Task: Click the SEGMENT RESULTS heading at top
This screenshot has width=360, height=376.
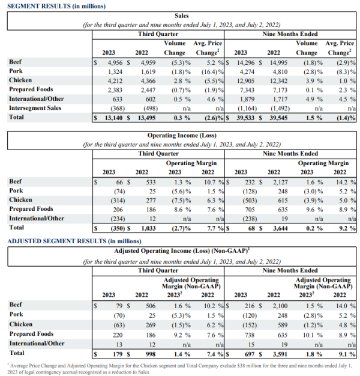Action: tap(56, 6)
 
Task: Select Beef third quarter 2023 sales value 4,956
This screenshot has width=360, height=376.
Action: tap(115, 62)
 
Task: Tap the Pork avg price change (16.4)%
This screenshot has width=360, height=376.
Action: tap(212, 71)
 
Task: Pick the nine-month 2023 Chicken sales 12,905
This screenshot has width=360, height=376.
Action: tap(246, 81)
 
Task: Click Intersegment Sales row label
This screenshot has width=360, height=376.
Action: tap(35, 108)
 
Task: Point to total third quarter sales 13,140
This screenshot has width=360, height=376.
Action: tap(113, 118)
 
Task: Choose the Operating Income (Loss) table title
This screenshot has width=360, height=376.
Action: tap(182, 135)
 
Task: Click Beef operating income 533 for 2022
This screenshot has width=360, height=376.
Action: tap(151, 182)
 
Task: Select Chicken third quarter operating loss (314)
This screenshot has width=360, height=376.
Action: tap(118, 201)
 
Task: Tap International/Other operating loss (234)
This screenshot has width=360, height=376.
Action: tap(118, 219)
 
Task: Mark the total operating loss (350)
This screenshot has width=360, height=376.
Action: tap(118, 228)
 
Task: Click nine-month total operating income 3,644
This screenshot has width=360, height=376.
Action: tap(280, 228)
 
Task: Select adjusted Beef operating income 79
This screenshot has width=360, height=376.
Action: tap(119, 306)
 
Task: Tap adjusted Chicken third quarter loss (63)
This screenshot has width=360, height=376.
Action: tap(119, 325)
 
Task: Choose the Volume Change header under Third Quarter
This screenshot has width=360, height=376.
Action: tap(175, 48)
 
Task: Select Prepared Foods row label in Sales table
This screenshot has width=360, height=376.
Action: tap(31, 89)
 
